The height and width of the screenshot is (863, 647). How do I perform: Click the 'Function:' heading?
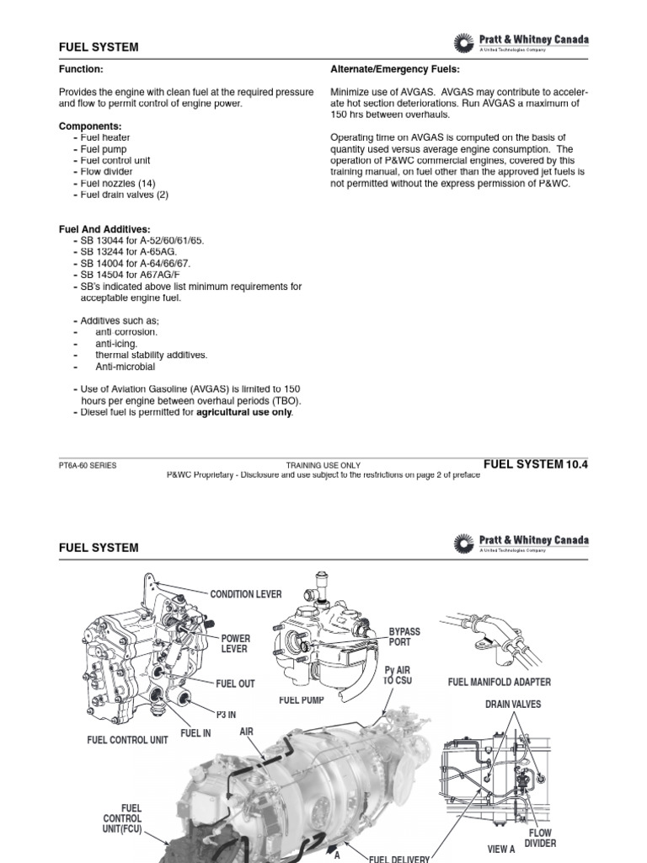(81, 70)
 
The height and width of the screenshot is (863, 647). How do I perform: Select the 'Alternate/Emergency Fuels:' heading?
(395, 70)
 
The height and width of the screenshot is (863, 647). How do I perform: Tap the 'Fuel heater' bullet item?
(105, 137)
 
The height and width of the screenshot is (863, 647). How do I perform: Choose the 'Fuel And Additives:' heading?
(104, 229)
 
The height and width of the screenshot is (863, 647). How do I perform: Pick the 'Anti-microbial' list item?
(125, 367)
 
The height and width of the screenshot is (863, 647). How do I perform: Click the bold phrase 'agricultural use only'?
(244, 412)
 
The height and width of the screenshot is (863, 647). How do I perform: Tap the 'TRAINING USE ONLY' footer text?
(323, 465)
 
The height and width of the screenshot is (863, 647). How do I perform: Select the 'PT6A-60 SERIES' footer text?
(88, 465)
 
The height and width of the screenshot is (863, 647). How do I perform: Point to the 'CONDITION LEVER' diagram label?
(246, 594)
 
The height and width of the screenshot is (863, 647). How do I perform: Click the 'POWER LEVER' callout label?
(236, 644)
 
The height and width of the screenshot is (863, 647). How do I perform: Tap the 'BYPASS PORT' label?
(404, 637)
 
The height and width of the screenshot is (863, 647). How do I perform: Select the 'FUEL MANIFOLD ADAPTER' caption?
(500, 682)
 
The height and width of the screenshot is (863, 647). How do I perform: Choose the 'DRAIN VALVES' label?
(513, 704)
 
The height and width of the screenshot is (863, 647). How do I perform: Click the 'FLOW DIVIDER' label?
(540, 838)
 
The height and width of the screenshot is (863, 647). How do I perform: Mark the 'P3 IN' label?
(226, 715)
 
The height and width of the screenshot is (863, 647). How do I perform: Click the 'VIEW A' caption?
(501, 849)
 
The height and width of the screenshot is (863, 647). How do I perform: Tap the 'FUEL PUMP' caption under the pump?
(302, 700)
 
